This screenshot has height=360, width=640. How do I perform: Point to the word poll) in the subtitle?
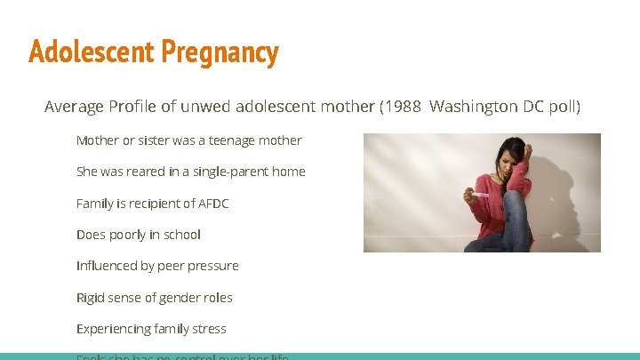564,107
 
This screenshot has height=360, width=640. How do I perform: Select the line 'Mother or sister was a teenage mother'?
188,140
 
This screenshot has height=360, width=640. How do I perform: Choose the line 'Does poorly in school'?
138,235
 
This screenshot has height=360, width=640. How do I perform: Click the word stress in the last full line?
209,329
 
